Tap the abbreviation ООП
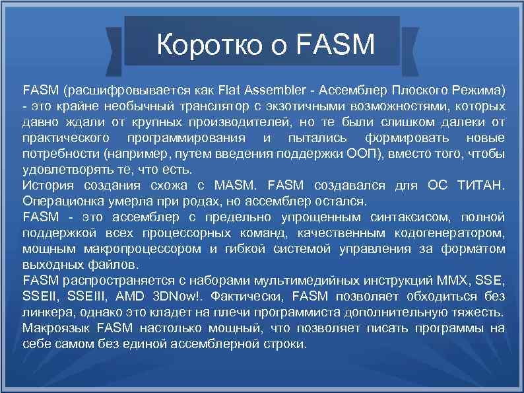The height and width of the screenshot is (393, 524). pos(360,153)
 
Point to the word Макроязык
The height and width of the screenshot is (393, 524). pos(59,328)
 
